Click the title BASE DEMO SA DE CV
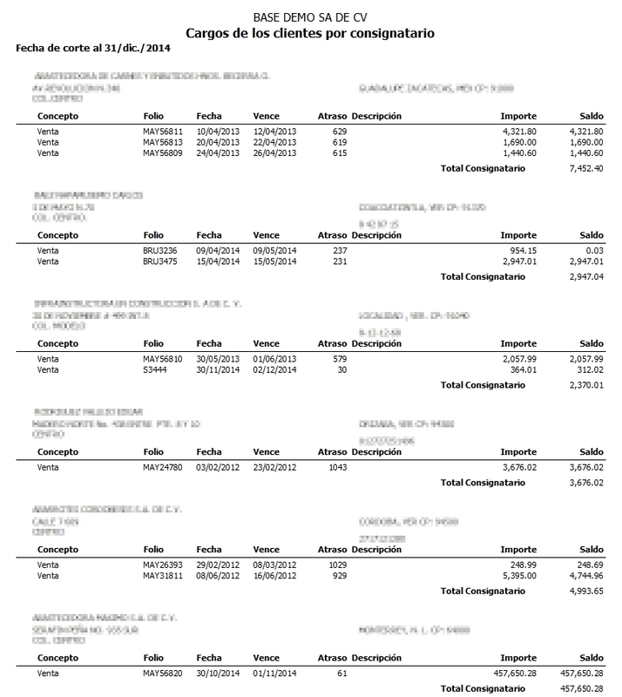[x=310, y=17]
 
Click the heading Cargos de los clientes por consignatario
[x=310, y=33]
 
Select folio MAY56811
[x=164, y=131]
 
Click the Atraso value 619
[x=340, y=142]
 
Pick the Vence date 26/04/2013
[x=274, y=153]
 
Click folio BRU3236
[x=159, y=250]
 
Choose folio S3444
[x=155, y=369]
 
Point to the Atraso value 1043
[x=337, y=467]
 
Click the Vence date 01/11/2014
[x=274, y=673]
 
